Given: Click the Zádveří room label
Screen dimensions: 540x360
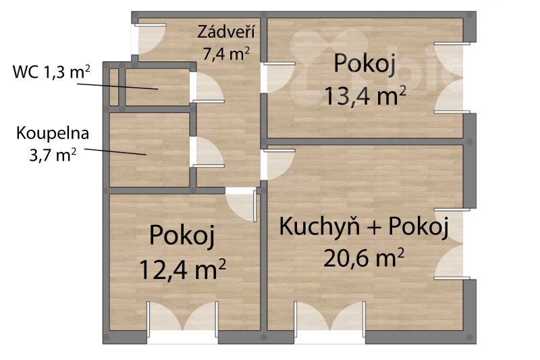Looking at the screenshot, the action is [226, 31].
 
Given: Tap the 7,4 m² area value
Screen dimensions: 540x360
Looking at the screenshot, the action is [226, 54].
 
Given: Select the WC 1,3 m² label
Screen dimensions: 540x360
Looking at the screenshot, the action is [51, 72].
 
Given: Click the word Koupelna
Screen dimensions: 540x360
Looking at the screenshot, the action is [53, 134].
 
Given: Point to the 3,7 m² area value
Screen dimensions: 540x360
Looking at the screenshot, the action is [53, 155].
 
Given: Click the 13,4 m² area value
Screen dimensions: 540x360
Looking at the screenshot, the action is [365, 96].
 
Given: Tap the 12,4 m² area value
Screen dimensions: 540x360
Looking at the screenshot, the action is [182, 269].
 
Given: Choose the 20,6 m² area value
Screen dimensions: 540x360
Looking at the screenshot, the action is [364, 258].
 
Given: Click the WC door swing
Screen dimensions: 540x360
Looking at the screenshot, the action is [208, 88].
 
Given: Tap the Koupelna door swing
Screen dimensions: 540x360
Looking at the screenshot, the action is [208, 152].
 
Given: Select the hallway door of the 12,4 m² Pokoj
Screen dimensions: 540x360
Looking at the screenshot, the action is [241, 205].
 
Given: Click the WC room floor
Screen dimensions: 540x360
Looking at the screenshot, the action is [157, 87].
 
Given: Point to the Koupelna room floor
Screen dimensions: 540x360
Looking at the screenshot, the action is [149, 150].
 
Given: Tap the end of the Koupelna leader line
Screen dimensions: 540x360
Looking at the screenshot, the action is [146, 155].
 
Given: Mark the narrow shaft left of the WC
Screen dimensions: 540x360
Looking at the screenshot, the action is [114, 87].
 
